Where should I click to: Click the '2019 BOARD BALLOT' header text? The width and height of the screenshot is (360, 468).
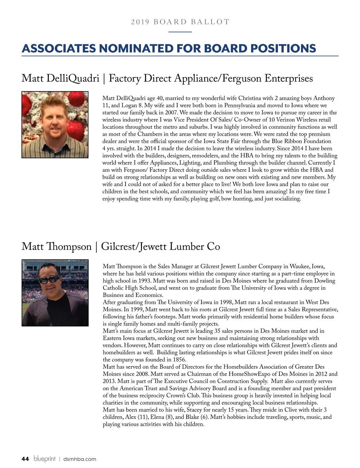(180, 22)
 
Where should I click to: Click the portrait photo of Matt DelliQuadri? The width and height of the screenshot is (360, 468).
(55, 125)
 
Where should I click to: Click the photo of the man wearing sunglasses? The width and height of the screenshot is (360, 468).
(55, 293)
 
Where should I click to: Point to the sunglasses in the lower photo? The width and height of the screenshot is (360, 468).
(49, 280)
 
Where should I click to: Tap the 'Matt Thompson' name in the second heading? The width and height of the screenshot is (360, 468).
(56, 246)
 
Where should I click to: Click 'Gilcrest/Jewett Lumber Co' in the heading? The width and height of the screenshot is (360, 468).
(160, 246)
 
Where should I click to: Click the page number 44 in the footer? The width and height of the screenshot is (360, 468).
(25, 459)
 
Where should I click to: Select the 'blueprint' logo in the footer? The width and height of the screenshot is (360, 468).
(45, 458)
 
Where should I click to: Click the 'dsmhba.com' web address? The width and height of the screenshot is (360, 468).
(79, 459)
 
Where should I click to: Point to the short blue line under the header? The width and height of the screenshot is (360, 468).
(180, 32)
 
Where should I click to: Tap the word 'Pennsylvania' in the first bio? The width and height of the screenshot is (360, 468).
(241, 105)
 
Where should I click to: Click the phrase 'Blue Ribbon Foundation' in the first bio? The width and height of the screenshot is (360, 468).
(301, 141)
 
